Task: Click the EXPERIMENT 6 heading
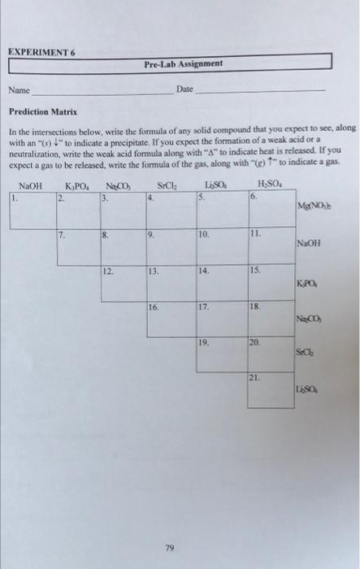click(41, 50)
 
